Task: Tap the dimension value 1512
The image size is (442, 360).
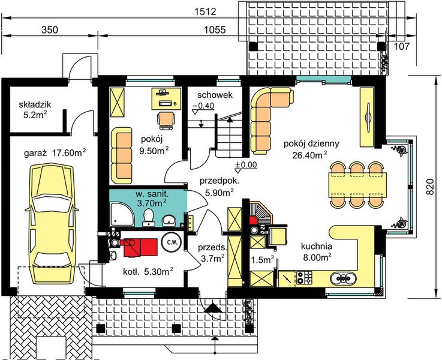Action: (205, 12)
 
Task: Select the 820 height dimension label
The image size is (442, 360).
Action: (429, 187)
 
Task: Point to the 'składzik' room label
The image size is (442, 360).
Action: (35, 104)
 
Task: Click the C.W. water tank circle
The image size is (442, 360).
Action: (172, 242)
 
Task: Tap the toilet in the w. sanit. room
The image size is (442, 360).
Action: (148, 217)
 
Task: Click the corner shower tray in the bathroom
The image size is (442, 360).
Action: (122, 214)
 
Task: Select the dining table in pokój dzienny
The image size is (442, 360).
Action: (357, 185)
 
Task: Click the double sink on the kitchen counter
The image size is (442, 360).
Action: (343, 278)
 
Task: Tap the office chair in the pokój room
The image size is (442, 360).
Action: (166, 120)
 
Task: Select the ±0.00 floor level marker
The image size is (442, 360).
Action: (246, 166)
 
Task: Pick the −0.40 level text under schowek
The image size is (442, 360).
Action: (203, 106)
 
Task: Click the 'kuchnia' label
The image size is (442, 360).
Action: (317, 247)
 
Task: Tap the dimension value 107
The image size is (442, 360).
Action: (401, 46)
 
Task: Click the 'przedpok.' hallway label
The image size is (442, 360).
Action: (220, 181)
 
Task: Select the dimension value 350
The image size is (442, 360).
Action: (50, 29)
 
